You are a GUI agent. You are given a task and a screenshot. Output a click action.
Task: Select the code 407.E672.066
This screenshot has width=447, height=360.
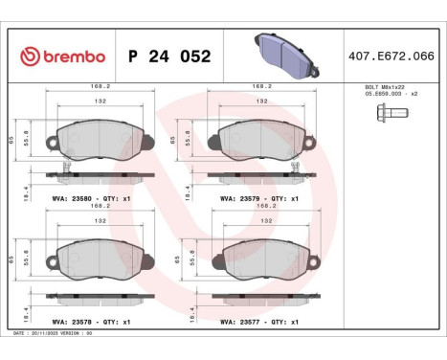click(392, 56)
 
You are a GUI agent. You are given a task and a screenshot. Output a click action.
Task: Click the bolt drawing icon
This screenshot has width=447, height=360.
click(391, 113)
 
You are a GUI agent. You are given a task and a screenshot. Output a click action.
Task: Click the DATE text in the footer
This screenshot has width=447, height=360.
click(19, 333)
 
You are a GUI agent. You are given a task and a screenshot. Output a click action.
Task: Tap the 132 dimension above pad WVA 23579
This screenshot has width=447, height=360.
click(261, 101)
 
